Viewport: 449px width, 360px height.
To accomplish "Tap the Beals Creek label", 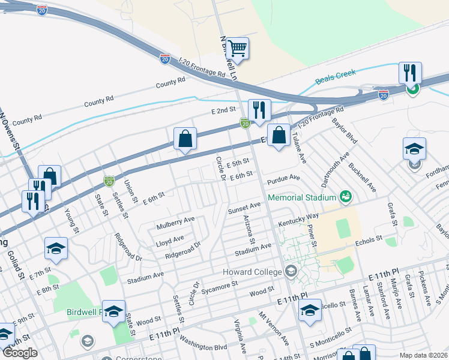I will [336, 77].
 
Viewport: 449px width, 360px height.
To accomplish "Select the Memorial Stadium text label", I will [301, 197].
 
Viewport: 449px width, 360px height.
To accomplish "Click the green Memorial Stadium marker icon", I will [345, 196].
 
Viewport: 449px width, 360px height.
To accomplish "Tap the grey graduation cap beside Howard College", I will [291, 271].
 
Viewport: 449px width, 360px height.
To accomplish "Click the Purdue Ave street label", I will [286, 178].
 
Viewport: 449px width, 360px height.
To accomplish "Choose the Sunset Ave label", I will [244, 208].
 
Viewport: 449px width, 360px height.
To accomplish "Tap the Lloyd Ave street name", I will [170, 239].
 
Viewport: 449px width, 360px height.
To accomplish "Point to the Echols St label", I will [369, 239].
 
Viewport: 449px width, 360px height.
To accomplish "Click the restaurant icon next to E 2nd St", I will [259, 110].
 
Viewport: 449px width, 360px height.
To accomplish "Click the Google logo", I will [20, 353].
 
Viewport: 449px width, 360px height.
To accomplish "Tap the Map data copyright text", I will [424, 355].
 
